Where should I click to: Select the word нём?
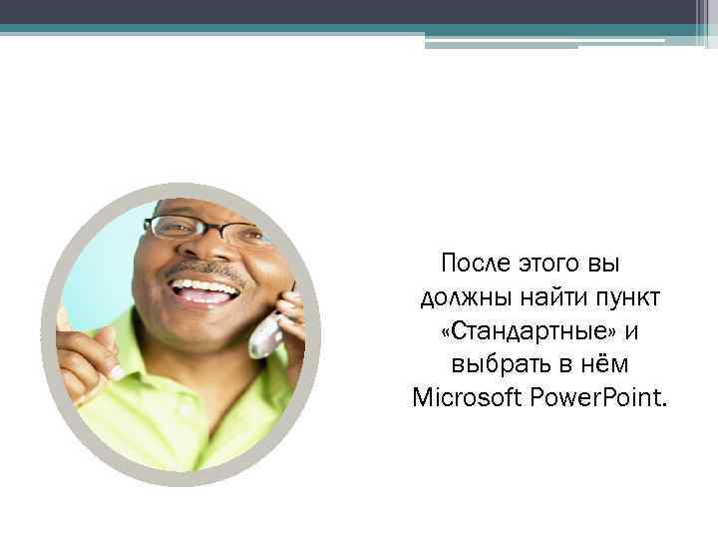pos(600,365)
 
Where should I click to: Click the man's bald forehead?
pos(204,207)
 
